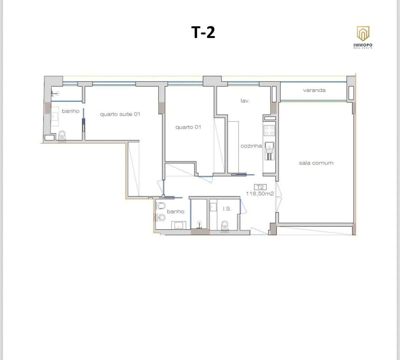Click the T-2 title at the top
tap(203, 32)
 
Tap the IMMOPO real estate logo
tap(363, 37)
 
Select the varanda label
tap(314, 90)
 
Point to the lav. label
tap(245, 101)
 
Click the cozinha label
tap(251, 146)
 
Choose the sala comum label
tap(316, 163)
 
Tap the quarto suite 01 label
tap(120, 114)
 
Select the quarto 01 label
tap(188, 127)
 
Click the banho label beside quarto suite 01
tap(71, 111)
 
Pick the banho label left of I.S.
tap(175, 211)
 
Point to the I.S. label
tap(227, 209)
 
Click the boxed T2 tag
tap(260, 187)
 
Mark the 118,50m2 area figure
tap(260, 194)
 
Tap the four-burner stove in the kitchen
tap(269, 130)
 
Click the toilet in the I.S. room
tap(225, 226)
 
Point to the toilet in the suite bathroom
tap(62, 136)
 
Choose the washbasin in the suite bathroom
tap(55, 116)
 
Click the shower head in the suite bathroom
tap(55, 94)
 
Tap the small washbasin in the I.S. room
tap(213, 206)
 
